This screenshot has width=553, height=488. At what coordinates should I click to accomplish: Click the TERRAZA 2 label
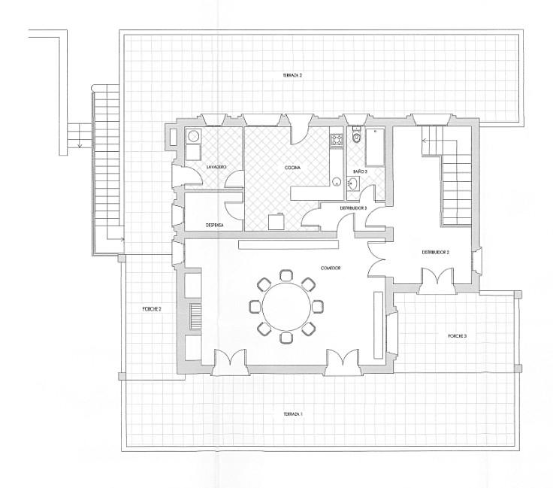[292, 76]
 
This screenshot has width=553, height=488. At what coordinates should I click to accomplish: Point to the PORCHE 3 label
[457, 335]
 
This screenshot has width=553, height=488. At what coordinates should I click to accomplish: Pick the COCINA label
[293, 167]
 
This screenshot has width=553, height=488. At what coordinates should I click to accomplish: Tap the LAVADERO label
[207, 166]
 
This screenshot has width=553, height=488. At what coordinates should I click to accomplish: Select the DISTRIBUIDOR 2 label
[434, 252]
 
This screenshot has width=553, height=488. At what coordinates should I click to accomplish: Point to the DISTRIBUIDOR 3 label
[353, 208]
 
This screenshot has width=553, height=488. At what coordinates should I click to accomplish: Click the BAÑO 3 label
[360, 171]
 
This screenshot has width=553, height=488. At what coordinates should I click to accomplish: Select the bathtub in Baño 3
[375, 147]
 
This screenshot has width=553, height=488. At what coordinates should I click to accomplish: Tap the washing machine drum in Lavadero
[193, 136]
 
